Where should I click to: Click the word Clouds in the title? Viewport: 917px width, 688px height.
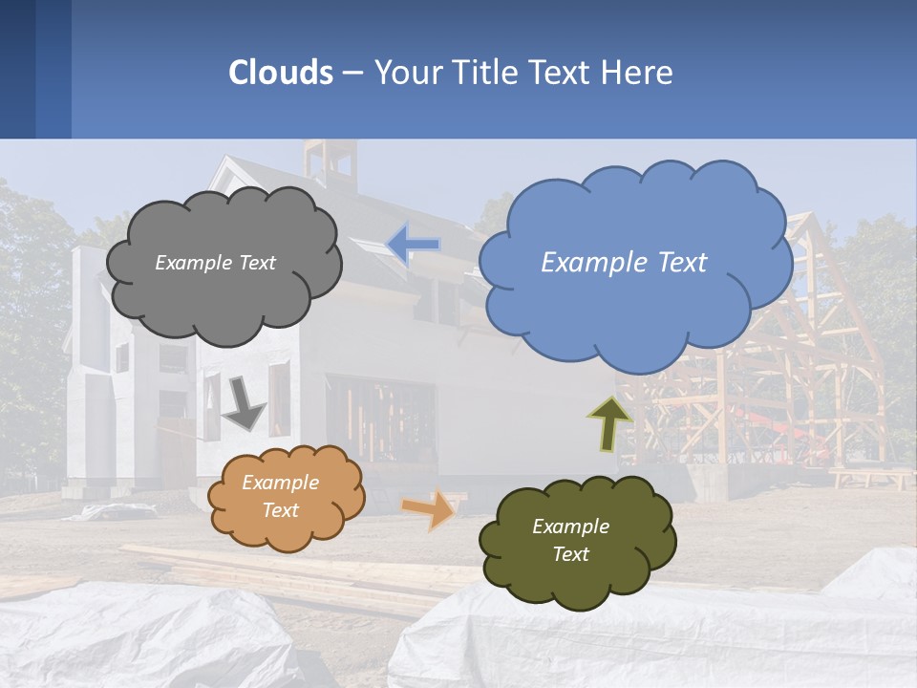coord(280,73)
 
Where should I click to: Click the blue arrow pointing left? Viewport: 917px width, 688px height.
coord(413,246)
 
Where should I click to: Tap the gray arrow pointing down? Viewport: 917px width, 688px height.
coord(244,407)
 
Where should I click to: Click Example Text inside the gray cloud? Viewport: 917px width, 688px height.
coord(215,263)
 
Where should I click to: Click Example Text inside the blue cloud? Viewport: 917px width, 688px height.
coord(624,263)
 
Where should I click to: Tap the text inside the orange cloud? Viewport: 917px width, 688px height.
coord(281,496)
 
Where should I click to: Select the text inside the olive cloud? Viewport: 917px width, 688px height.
coord(570,540)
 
